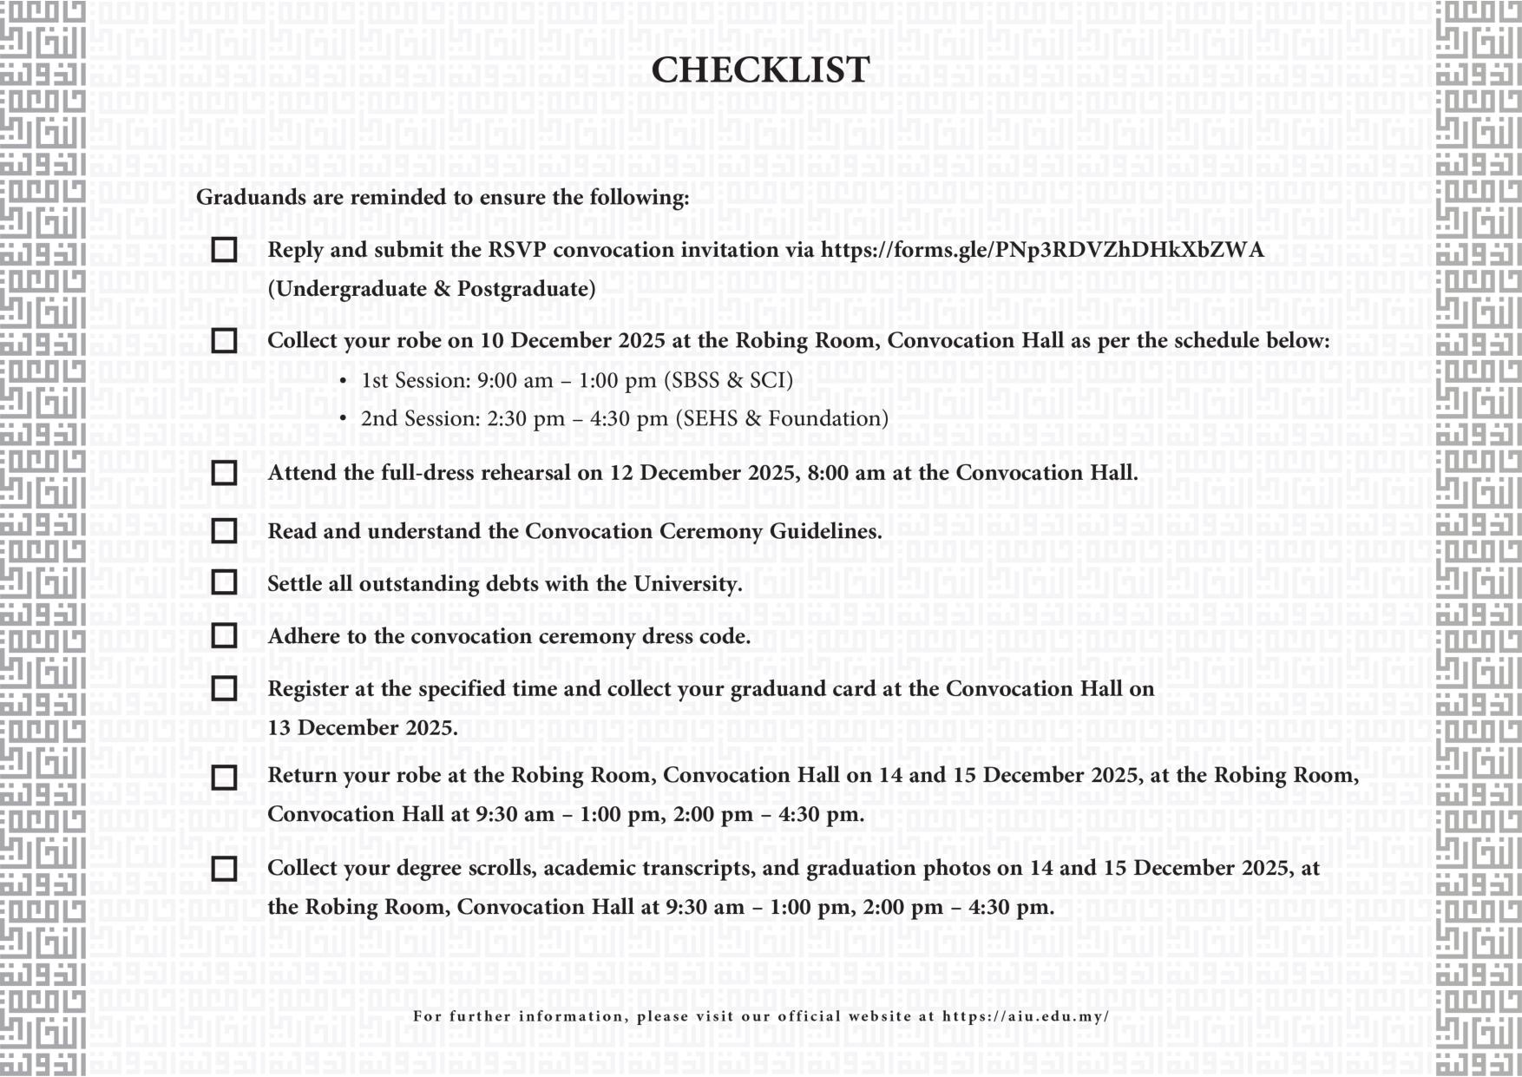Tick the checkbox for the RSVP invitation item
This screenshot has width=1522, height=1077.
coord(224,250)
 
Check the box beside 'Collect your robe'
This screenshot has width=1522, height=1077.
coord(224,341)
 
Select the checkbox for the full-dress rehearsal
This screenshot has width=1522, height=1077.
coord(224,473)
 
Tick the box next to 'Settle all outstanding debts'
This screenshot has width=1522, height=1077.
coord(224,582)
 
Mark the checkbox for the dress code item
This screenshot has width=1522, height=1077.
coord(224,636)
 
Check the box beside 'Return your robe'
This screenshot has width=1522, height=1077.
coord(224,777)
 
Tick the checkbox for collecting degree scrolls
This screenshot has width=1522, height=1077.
coord(224,869)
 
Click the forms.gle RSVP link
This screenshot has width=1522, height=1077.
coord(1042,250)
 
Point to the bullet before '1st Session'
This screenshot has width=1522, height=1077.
coord(344,381)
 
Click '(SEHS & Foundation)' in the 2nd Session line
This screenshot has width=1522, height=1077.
coord(782,418)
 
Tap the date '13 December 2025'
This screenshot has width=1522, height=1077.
coord(361,728)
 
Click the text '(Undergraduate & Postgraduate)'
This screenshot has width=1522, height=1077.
coord(431,289)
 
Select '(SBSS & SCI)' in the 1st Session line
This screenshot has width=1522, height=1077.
coord(728,380)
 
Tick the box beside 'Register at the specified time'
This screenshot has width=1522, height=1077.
coord(224,689)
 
